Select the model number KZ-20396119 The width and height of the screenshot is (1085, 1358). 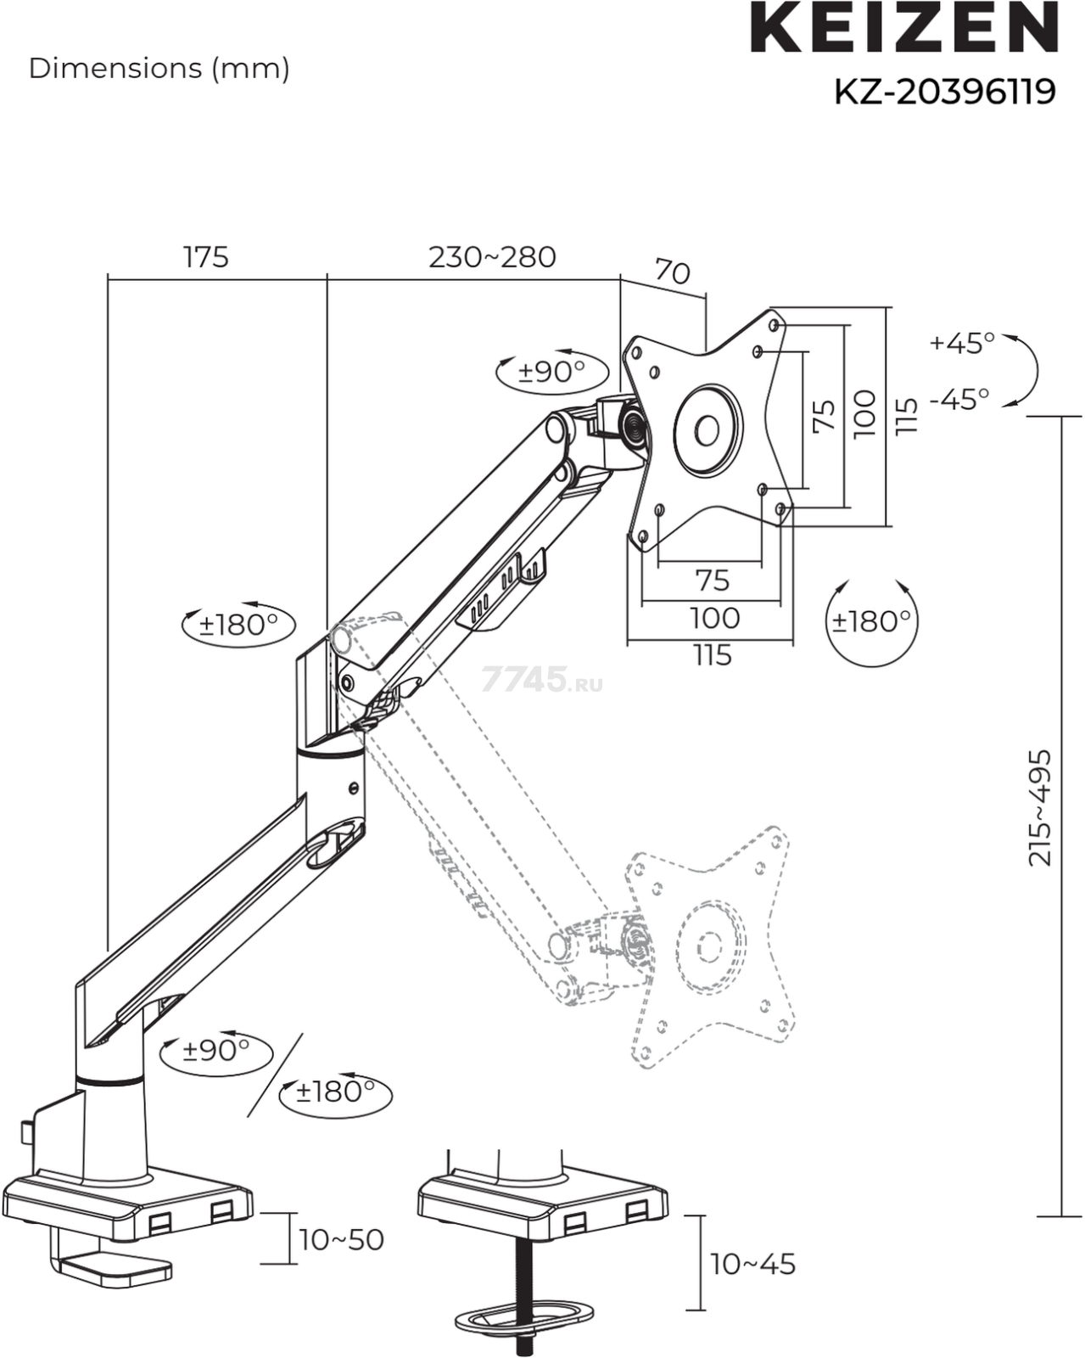click(944, 91)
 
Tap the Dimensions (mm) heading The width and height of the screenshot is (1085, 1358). click(159, 68)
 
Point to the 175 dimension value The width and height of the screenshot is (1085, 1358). click(206, 256)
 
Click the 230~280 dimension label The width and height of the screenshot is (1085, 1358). click(492, 256)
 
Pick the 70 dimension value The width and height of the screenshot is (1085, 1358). click(672, 272)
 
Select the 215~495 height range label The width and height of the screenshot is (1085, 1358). click(1040, 807)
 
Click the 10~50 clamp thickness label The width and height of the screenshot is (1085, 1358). click(341, 1239)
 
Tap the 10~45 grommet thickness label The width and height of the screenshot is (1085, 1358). click(753, 1264)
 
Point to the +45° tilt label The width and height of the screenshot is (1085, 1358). click(962, 343)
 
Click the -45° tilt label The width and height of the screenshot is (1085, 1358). click(959, 398)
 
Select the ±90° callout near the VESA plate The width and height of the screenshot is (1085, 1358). click(552, 371)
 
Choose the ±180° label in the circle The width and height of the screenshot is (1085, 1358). click(871, 621)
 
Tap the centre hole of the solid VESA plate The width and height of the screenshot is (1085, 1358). click(707, 429)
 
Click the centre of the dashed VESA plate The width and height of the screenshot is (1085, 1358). click(709, 945)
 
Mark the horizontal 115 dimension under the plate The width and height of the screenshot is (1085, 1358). click(712, 655)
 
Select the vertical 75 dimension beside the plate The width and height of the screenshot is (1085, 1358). click(824, 415)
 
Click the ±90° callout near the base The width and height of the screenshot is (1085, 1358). click(216, 1050)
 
